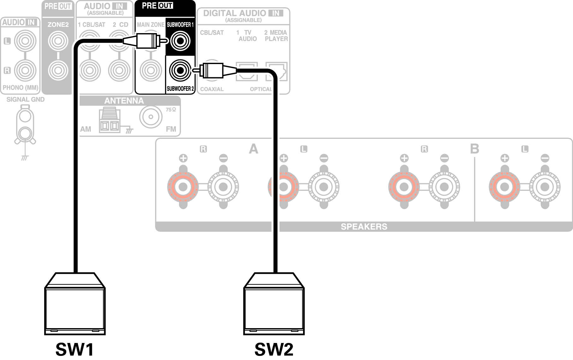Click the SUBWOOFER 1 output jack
point(180,41)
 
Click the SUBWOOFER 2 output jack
point(180,70)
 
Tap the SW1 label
point(75,349)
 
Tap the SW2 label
point(274,349)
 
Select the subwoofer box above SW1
point(75,304)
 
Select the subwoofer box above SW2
point(274,304)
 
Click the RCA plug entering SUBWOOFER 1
point(145,40)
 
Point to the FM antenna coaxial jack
point(151,117)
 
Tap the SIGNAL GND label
point(26,99)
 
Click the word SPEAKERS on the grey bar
point(364,227)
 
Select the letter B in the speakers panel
point(474,149)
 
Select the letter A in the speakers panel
point(254,149)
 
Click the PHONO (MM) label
point(21,88)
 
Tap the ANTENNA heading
point(124,101)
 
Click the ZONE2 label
point(58,25)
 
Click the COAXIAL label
point(212,89)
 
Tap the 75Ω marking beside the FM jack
point(171,109)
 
